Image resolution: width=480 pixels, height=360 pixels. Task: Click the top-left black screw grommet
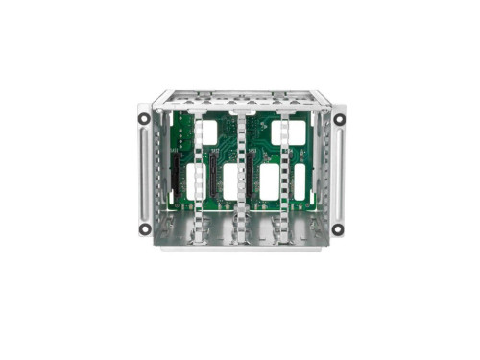click(144, 119)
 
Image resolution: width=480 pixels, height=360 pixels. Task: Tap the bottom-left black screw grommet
click(144, 228)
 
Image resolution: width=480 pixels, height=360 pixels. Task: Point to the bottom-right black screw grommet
click(337, 228)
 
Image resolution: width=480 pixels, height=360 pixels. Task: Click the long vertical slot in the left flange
click(144, 173)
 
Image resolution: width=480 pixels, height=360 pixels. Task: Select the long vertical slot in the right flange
click(337, 173)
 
